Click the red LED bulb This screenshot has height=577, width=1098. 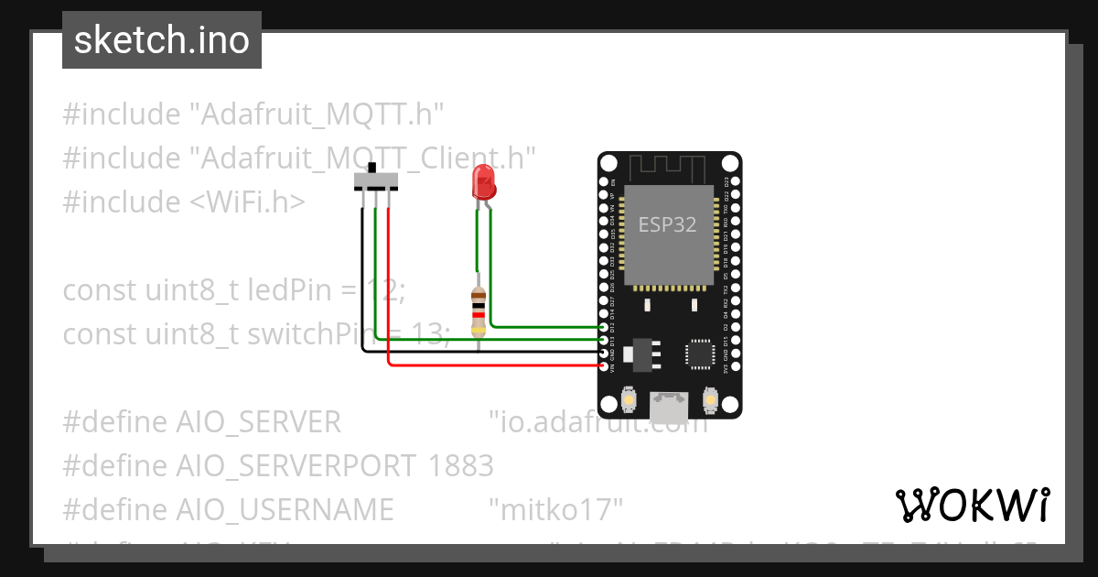pos(482,183)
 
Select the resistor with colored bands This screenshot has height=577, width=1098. pos(477,311)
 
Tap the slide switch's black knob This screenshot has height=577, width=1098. pos(372,170)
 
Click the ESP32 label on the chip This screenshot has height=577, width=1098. pos(667,225)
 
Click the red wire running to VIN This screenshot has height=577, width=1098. pos(494,365)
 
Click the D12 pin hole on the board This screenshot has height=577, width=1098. pos(603,327)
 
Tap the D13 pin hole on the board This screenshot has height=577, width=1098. pos(603,340)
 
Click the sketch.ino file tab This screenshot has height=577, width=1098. pos(162,40)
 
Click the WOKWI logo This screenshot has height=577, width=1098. pos(972,505)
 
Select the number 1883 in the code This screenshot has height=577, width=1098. pos(461,466)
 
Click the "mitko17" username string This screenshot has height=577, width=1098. pos(555,508)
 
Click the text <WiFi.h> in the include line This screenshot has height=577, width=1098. pos(242,201)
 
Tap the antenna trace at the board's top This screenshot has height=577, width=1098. pos(669,169)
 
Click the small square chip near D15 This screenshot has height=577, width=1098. pos(701,353)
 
